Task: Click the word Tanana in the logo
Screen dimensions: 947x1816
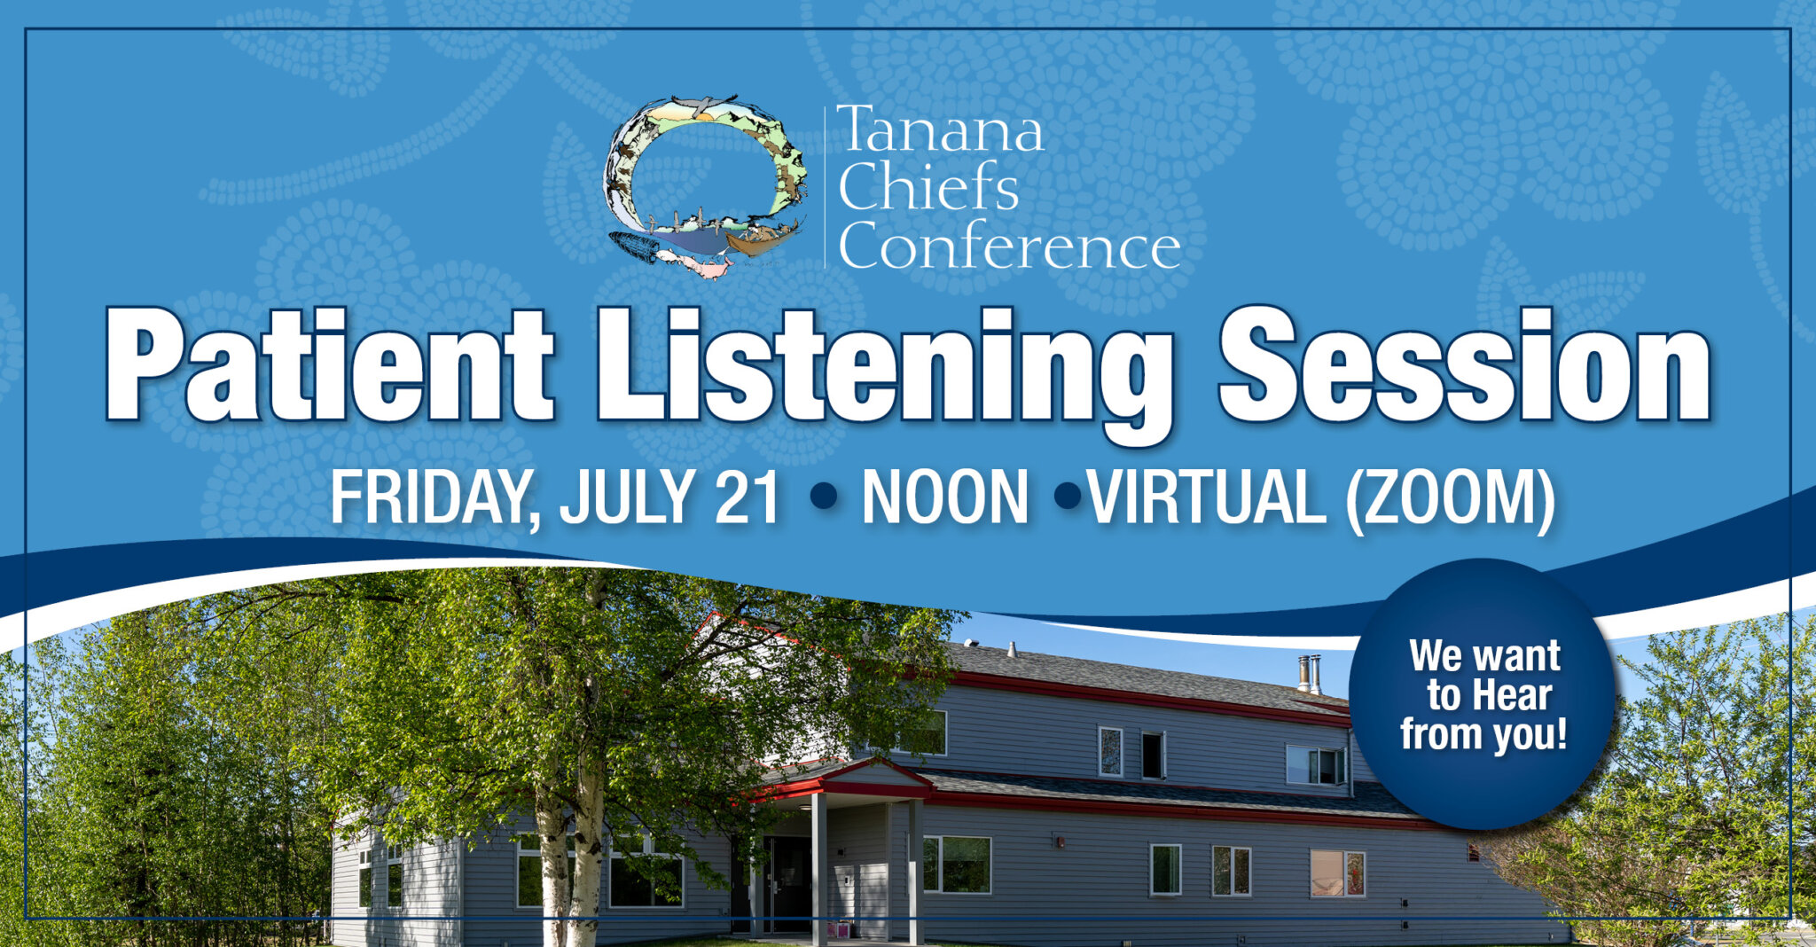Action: tap(939, 131)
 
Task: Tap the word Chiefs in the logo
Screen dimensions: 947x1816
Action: tap(928, 187)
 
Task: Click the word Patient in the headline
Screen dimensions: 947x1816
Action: tap(328, 365)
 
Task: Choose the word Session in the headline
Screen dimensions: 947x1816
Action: tap(1463, 365)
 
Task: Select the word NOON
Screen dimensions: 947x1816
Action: tap(944, 498)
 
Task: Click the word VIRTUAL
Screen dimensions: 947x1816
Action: tap(1206, 498)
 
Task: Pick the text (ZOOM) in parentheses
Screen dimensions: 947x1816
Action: tap(1450, 498)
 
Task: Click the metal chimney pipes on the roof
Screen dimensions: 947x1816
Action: tap(1310, 674)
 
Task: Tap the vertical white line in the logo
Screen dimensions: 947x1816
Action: tap(825, 186)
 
